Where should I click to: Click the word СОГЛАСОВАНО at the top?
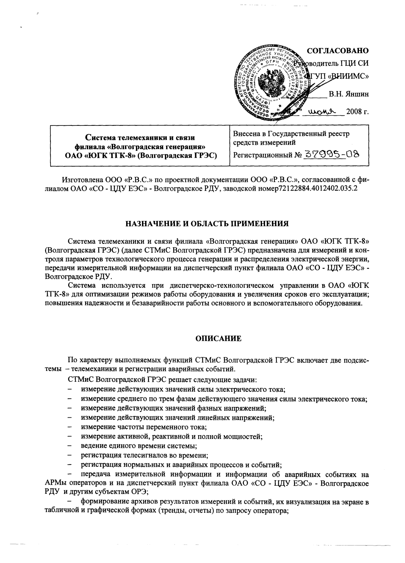[x=338, y=51]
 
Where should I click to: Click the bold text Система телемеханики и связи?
[x=140, y=138]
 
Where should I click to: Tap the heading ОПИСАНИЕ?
[x=219, y=339]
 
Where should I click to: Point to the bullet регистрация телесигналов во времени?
[x=144, y=455]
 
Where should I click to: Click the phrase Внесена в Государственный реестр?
[x=291, y=134]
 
